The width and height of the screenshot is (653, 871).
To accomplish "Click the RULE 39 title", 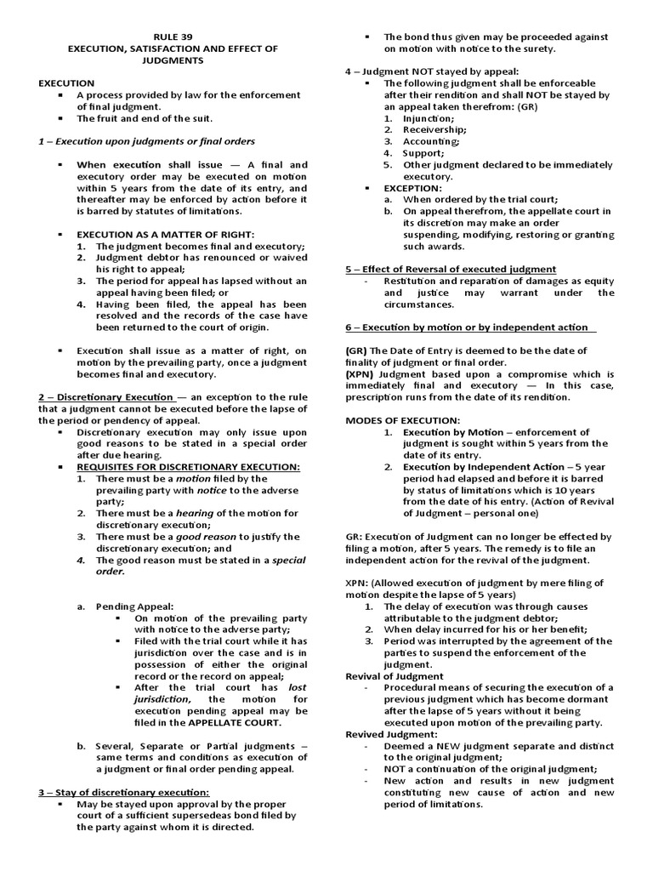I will tap(173, 37).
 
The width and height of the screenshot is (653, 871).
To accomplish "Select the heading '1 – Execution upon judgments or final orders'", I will tap(146, 141).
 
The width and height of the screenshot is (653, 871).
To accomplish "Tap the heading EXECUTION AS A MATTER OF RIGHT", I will tap(166, 233).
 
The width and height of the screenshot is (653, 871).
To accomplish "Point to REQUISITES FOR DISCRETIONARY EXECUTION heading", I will tap(188, 467).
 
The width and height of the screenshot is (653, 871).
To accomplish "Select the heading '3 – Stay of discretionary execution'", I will tap(123, 793).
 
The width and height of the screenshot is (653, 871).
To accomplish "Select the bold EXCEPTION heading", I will tap(412, 187).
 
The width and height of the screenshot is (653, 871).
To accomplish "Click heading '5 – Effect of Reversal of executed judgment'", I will tap(451, 269).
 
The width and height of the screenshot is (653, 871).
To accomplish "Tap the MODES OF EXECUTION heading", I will tap(402, 420).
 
